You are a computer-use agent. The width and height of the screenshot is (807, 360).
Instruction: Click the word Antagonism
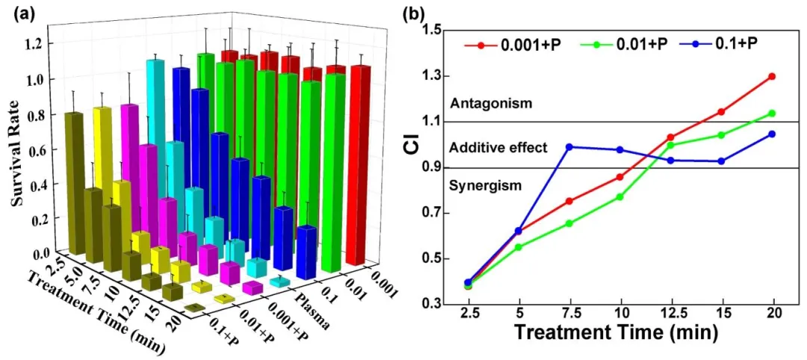490,104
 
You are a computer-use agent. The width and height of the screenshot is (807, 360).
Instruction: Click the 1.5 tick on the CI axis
433,31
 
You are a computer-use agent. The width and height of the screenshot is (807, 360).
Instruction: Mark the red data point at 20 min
772,76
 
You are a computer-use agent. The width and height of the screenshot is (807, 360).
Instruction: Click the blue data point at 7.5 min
569,147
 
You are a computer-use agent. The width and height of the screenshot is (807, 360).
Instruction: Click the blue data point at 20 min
772,134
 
